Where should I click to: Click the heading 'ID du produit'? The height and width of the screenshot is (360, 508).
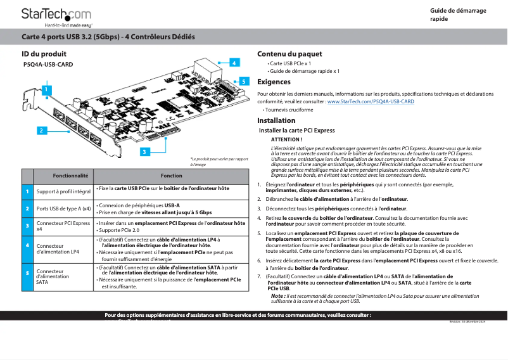point(44,55)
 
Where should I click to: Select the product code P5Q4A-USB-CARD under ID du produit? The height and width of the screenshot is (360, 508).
point(48,65)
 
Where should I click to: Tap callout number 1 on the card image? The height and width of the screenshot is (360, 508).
point(46,90)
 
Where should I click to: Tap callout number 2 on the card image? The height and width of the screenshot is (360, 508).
point(42,131)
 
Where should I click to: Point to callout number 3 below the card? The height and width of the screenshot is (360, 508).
point(144,151)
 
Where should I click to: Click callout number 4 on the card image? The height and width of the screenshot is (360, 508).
point(234,63)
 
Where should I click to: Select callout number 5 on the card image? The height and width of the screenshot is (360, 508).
point(243,81)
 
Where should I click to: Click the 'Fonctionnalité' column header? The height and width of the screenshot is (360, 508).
point(70,176)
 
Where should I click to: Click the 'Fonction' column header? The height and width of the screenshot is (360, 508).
point(171,176)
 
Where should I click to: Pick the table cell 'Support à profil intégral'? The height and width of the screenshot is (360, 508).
point(63,191)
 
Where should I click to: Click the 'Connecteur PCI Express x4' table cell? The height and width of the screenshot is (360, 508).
point(63,226)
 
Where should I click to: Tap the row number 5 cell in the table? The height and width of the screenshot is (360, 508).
point(27,273)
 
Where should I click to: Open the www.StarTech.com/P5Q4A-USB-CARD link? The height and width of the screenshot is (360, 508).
point(370,101)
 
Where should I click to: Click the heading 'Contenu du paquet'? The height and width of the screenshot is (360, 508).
point(289,55)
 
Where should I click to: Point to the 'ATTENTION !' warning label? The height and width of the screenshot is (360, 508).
point(286,139)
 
